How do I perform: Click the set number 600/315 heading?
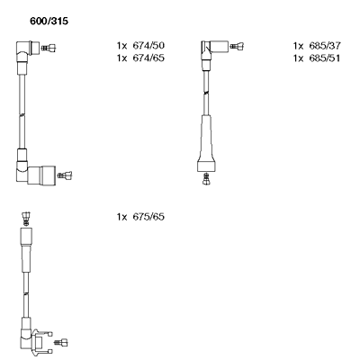49,22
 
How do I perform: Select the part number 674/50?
148,46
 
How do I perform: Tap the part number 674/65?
148,58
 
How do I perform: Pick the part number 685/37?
325,46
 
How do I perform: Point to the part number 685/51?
325,58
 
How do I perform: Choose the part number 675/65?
148,217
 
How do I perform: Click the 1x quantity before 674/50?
121,46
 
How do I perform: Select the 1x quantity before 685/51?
298,58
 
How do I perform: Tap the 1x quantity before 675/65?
121,217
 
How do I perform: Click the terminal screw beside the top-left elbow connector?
49,48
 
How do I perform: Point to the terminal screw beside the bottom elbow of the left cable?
65,175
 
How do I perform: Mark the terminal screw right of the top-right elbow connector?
237,46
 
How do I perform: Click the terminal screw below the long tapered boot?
206,179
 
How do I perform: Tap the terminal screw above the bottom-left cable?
26,219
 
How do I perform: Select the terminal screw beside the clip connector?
61,342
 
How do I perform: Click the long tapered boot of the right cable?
206,143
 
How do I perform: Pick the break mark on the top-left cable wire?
22,115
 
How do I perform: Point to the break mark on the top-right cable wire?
206,93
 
